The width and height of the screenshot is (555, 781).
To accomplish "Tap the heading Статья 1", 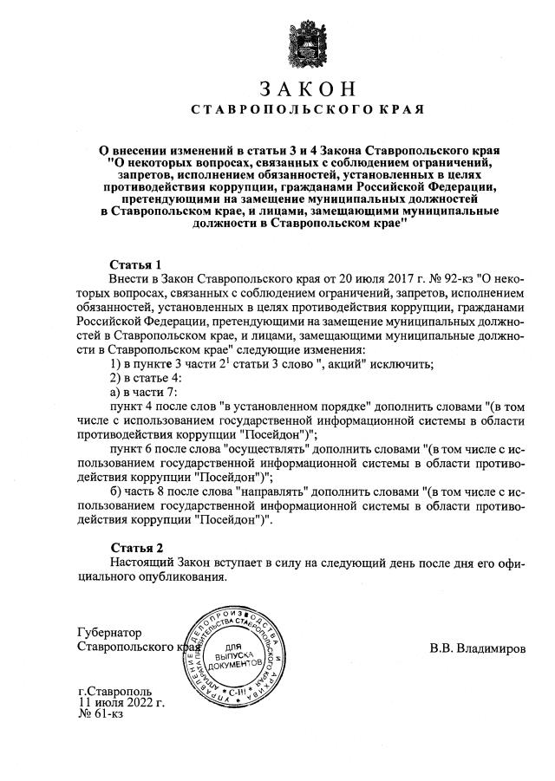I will pyautogui.click(x=136, y=264).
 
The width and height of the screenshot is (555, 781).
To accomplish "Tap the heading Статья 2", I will pyautogui.click(x=136, y=548).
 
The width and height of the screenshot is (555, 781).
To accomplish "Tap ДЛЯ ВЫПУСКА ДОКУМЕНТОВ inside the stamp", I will pyautogui.click(x=236, y=657).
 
